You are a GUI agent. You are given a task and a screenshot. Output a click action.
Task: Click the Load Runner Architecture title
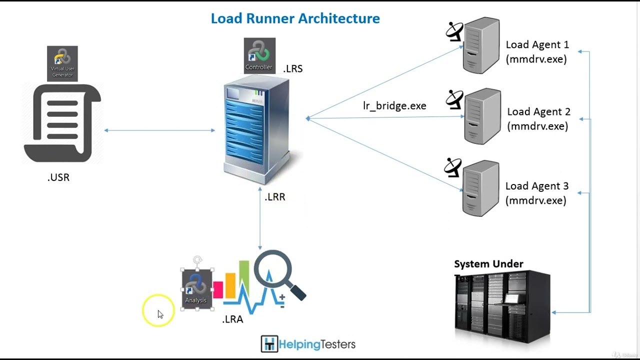coord(295,19)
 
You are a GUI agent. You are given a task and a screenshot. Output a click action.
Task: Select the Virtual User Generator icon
coord(62,63)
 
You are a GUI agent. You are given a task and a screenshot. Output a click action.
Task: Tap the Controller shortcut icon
coord(259,56)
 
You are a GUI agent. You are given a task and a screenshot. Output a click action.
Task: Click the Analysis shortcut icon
coord(196,288)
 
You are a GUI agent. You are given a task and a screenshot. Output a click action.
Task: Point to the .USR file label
coord(58,177)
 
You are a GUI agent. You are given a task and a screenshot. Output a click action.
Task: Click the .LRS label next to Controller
coord(293,69)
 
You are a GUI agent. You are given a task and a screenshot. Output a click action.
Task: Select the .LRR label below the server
coord(275,197)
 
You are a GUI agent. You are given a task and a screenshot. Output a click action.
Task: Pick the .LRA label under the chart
coord(232,319)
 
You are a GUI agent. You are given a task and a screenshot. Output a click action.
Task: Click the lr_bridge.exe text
coord(394,106)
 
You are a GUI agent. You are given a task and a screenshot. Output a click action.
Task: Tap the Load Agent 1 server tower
coord(481,46)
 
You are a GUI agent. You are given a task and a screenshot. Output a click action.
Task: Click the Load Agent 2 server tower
coord(482,116)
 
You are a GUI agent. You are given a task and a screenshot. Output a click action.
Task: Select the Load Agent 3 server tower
coord(481,188)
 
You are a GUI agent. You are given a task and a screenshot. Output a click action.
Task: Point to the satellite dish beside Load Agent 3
coord(453,167)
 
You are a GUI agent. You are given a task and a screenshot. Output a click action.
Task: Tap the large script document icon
coord(62,123)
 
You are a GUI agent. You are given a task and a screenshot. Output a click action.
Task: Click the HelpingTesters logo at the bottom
coord(308,344)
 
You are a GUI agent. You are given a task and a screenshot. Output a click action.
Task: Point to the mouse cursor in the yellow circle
coord(159,313)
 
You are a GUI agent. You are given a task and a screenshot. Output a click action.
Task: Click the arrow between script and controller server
coord(159,130)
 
